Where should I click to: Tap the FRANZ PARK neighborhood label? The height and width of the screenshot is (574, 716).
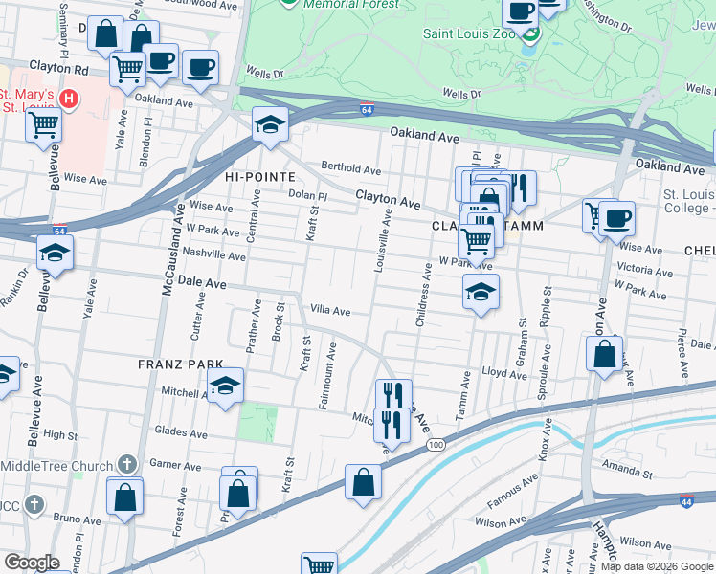[x=180, y=364]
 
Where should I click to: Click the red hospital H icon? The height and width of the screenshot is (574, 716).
[x=68, y=99]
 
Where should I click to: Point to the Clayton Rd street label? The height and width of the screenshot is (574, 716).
[x=58, y=69]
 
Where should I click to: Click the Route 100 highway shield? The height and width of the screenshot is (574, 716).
[x=436, y=446]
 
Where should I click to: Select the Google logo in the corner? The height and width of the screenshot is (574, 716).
[x=32, y=563]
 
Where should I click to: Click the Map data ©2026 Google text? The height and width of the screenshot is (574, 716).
[x=657, y=566]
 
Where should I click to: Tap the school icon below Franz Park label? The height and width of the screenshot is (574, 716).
[x=225, y=386]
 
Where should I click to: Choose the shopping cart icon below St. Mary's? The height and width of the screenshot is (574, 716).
[x=43, y=124]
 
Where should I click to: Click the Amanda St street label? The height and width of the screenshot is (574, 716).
[x=627, y=473]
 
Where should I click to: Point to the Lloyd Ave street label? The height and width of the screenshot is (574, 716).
[x=504, y=373]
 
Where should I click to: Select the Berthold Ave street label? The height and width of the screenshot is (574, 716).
[x=350, y=167]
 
